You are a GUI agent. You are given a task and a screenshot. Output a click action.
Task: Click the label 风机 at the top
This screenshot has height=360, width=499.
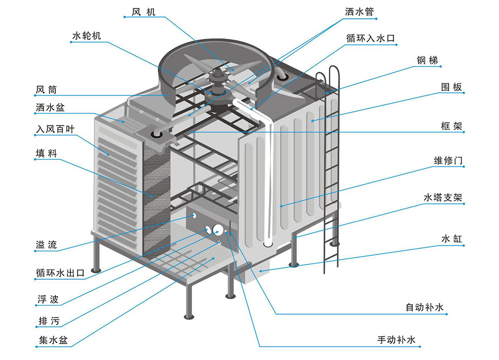[144, 11]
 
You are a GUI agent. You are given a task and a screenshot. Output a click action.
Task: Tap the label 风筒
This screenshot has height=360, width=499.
[46, 90]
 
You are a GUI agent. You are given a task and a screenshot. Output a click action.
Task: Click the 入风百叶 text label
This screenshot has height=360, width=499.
[55, 129]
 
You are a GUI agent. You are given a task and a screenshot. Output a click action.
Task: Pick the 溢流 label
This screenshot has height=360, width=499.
[46, 245]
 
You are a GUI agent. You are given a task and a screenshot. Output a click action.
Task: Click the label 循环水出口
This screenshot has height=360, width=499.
[60, 273]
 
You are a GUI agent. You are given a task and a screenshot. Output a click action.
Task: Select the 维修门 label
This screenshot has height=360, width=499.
[449, 161]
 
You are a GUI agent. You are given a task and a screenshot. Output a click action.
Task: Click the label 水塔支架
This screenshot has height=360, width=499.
[443, 198]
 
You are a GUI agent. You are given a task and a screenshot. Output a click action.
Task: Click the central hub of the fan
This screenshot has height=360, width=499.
[218, 80]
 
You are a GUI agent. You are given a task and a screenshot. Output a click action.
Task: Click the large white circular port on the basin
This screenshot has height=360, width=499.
[218, 230]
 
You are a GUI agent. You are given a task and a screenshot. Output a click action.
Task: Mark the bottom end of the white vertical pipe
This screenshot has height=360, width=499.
[267, 244]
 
